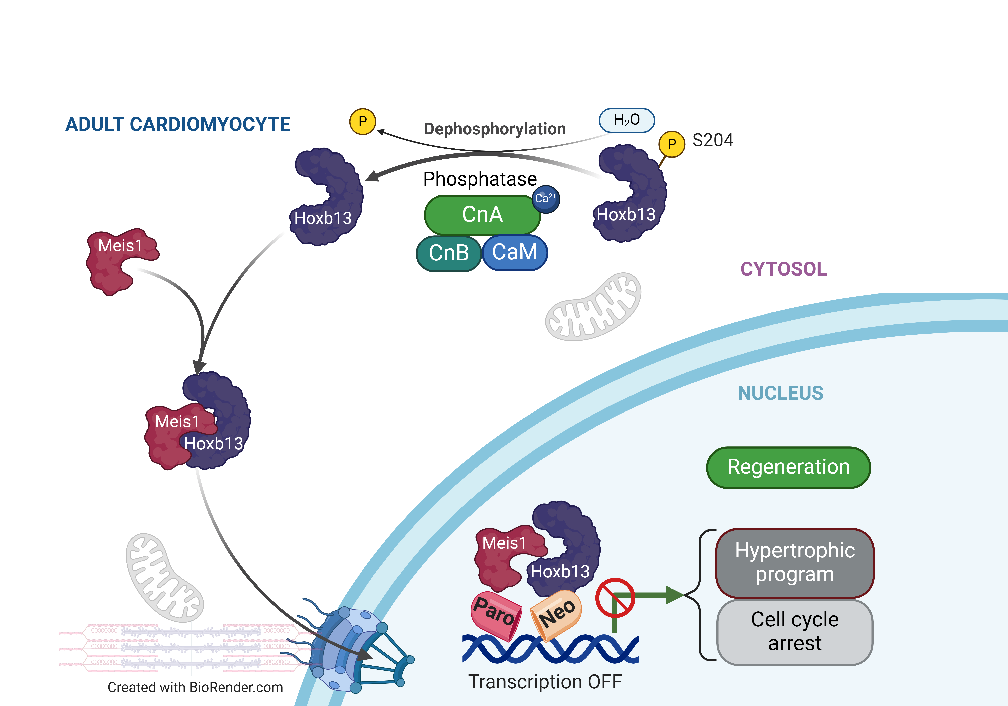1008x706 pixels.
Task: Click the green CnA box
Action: point(482,215)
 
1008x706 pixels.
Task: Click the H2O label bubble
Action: point(626,120)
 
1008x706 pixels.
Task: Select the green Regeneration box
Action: point(788,467)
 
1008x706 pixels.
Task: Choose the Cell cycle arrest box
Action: point(795,632)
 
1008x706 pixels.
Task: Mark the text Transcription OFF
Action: point(545,682)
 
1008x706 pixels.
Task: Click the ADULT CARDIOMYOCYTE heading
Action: point(178,124)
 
